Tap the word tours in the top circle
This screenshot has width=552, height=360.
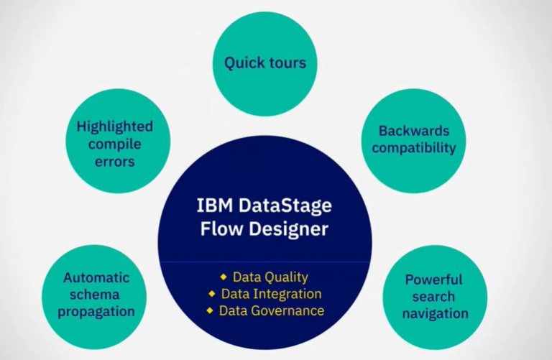287,63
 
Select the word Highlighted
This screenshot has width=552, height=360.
115,126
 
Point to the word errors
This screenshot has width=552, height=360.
115,162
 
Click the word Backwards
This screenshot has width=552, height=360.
414,131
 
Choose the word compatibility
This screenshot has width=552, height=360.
414,148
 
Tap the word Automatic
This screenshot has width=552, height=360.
96,277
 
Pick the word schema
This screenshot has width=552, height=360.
95,295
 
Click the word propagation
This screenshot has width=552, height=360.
96,312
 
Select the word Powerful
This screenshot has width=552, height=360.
433,280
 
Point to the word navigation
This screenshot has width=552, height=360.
436,313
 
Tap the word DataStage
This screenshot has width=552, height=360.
285,206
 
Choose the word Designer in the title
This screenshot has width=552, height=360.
289,229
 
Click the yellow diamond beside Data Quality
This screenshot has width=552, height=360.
224,277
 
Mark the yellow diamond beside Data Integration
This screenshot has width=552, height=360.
211,293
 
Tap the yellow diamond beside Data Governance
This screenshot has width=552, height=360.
210,310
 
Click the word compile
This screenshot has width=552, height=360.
115,144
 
